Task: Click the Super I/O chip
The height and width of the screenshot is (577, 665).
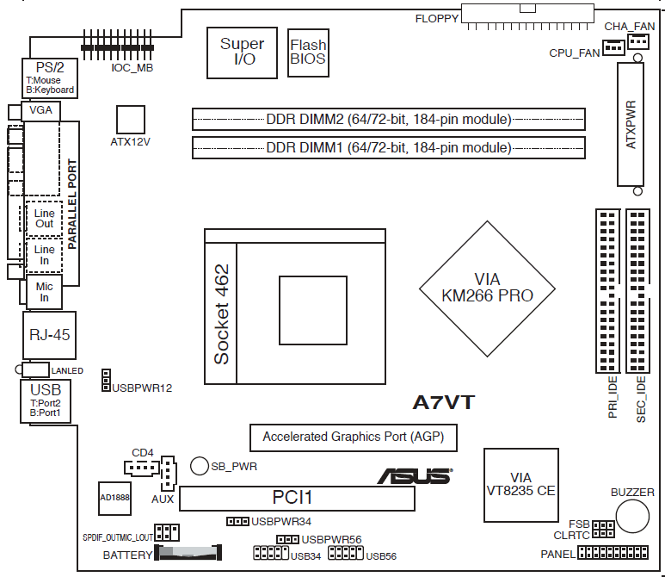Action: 242,52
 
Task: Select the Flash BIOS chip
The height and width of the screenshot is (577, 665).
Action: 308,53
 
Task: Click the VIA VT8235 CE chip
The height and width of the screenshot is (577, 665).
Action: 520,484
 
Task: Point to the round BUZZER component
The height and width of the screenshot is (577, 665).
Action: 631,518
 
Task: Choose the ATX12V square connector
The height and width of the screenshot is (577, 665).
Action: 131,120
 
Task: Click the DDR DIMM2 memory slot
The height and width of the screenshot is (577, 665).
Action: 388,119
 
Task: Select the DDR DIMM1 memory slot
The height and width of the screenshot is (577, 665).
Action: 388,148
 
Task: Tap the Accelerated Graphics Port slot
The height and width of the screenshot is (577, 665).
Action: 353,437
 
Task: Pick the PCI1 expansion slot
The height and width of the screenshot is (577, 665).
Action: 298,498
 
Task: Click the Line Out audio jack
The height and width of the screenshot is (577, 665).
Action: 45,218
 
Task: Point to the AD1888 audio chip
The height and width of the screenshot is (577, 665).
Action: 114,498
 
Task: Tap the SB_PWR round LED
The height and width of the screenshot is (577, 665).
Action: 200,466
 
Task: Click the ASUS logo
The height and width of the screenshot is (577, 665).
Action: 414,475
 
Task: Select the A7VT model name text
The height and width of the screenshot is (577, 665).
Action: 444,402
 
